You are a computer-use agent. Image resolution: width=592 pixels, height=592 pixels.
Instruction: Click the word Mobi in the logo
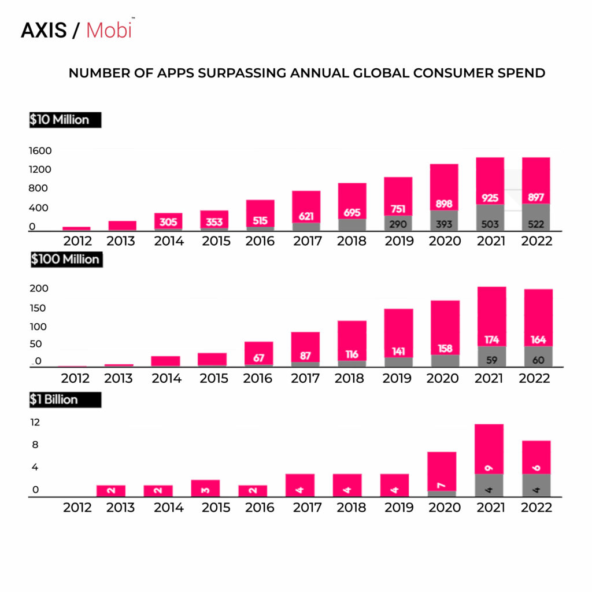[109, 30]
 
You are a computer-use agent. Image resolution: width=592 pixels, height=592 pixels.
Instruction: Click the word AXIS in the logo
[44, 31]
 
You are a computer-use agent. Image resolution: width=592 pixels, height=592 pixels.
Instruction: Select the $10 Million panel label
[60, 120]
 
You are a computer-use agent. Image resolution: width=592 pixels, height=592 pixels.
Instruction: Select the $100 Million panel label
[65, 259]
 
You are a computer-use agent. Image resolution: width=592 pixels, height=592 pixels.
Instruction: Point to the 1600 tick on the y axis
[40, 151]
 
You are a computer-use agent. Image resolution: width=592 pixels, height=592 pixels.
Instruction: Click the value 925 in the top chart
[490, 198]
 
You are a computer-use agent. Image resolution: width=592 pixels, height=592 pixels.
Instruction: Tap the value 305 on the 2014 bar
[168, 222]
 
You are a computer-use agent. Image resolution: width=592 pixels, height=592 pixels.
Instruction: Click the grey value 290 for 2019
[398, 224]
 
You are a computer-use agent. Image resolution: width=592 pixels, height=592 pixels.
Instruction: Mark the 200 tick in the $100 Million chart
[39, 288]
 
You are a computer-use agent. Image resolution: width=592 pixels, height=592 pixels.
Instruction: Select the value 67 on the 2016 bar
[258, 358]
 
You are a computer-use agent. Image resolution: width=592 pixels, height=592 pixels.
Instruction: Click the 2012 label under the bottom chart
[77, 508]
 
